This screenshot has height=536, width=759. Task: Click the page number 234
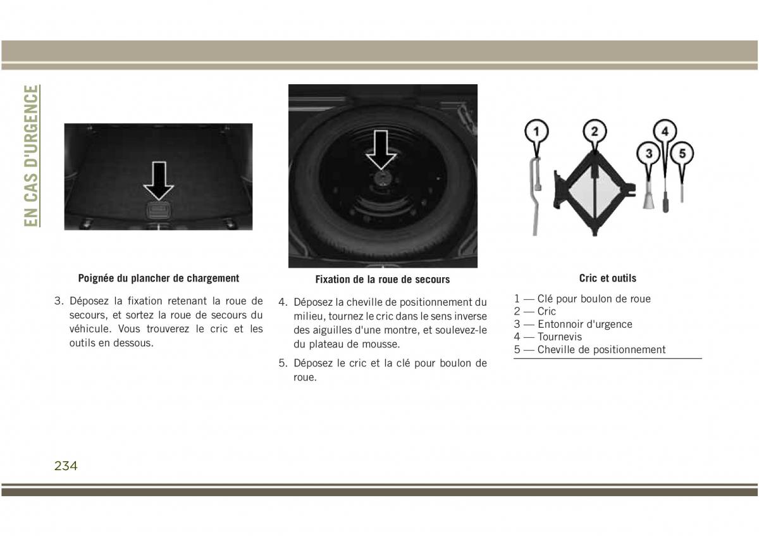[x=66, y=466]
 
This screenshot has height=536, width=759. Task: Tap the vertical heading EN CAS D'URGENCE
[x=31, y=156]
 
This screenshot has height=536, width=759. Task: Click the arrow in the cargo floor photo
[x=159, y=181]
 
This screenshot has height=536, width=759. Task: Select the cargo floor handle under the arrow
[x=159, y=211]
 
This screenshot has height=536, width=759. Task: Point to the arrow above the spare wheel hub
[x=381, y=150]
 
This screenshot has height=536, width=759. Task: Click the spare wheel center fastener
[x=382, y=178]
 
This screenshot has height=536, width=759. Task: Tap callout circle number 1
[x=536, y=132]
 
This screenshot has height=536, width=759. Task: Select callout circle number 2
[x=595, y=131]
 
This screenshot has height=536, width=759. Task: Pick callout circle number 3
[x=649, y=154]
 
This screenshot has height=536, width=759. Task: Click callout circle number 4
[x=665, y=131]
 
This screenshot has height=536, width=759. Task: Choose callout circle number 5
[x=682, y=154]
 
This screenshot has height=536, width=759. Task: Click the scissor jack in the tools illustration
[x=595, y=193]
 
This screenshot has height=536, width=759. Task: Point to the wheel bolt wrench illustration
[x=535, y=197]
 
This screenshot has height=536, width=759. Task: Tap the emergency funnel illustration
[x=648, y=196]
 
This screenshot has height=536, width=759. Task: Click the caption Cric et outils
[x=608, y=278]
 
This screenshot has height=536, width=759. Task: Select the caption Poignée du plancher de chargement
[x=159, y=278]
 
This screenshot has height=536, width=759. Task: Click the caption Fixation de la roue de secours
[x=383, y=279]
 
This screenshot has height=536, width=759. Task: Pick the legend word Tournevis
[x=559, y=337]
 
